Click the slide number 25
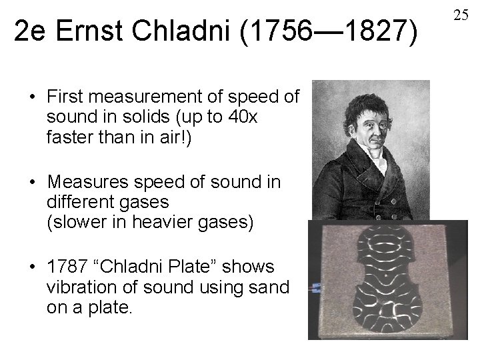pos(461,14)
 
